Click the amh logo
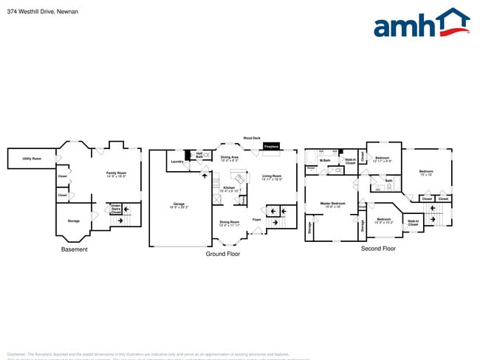(421, 24)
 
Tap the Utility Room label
(31, 159)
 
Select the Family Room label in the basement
(117, 174)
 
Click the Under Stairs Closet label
(116, 209)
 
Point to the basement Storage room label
(73, 221)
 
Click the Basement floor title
(74, 249)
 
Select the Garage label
(179, 205)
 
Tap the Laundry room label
(176, 161)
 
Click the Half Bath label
(199, 154)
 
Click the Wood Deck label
(252, 138)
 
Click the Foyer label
(256, 220)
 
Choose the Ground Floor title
(222, 254)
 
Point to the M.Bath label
(324, 160)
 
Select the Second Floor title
(378, 249)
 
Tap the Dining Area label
(229, 157)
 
